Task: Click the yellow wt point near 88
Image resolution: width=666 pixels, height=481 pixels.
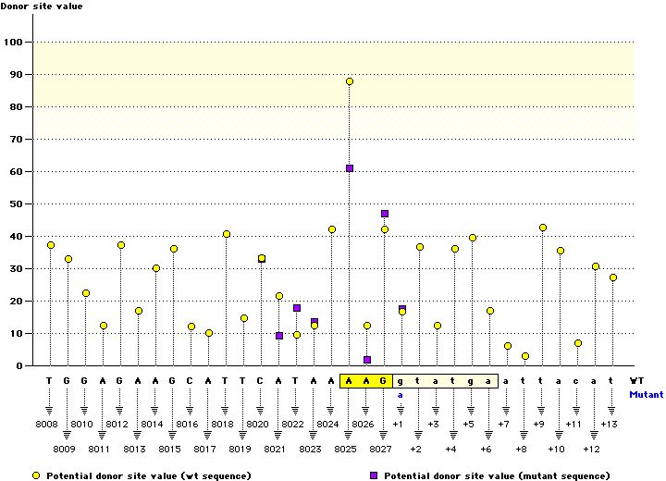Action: (350, 81)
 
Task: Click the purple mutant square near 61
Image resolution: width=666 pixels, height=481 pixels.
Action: (350, 168)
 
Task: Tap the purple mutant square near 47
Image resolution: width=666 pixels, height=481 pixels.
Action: (385, 214)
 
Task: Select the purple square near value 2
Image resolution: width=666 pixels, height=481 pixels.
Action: (367, 360)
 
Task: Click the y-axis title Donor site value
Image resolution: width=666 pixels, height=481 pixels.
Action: (42, 6)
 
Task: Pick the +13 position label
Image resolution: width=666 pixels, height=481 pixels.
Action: (609, 425)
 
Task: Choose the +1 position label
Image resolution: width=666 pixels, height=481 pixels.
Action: (399, 425)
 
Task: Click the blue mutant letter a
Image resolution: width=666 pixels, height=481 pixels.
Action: (401, 394)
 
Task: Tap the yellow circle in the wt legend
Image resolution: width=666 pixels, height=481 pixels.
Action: (35, 475)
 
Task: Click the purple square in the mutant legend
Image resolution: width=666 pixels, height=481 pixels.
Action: (374, 475)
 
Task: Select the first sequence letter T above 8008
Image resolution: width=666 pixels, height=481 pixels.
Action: (50, 380)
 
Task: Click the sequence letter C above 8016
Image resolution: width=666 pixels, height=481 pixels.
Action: (191, 380)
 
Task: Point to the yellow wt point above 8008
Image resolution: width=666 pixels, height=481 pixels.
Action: (51, 245)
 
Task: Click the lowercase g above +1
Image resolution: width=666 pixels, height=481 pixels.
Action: (401, 380)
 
